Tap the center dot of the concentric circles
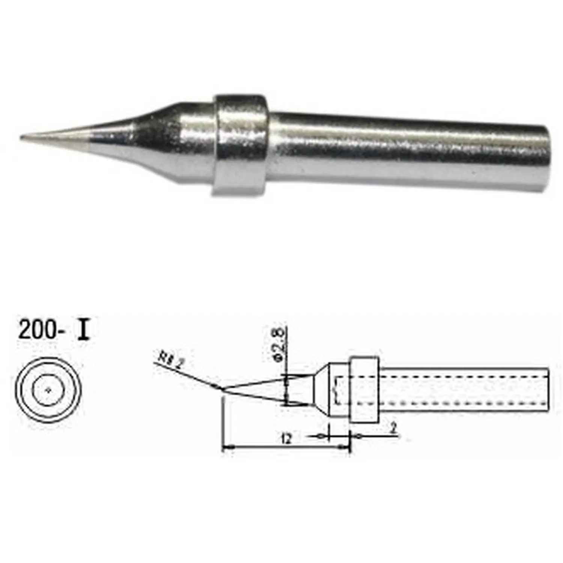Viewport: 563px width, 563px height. coord(48,390)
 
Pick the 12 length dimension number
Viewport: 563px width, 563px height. coord(286,438)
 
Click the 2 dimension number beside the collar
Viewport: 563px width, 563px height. coord(393,429)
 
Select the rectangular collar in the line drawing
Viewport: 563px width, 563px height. coord(364,389)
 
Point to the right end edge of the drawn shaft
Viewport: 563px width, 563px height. coord(548,390)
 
